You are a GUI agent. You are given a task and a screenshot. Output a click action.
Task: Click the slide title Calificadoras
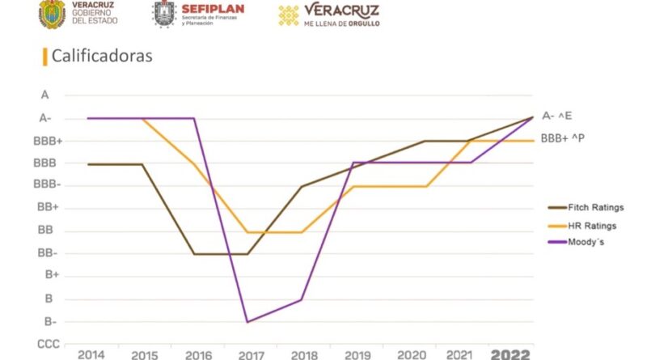[102, 57]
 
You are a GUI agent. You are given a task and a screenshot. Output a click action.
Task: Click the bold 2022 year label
[510, 354]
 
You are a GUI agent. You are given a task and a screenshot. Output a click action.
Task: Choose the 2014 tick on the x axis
[91, 354]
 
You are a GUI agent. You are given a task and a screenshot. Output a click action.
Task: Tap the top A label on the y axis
[45, 95]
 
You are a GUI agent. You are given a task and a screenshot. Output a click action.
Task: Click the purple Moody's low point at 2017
[247, 322]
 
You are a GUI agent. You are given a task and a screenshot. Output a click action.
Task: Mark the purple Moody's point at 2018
[302, 300]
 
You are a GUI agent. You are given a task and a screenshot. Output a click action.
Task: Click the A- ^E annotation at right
[562, 116]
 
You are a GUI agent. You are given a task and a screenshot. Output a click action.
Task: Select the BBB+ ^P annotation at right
[562, 138]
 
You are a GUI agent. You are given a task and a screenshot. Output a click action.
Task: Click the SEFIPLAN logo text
[210, 9]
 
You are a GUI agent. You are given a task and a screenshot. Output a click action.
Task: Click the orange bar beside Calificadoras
[43, 57]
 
